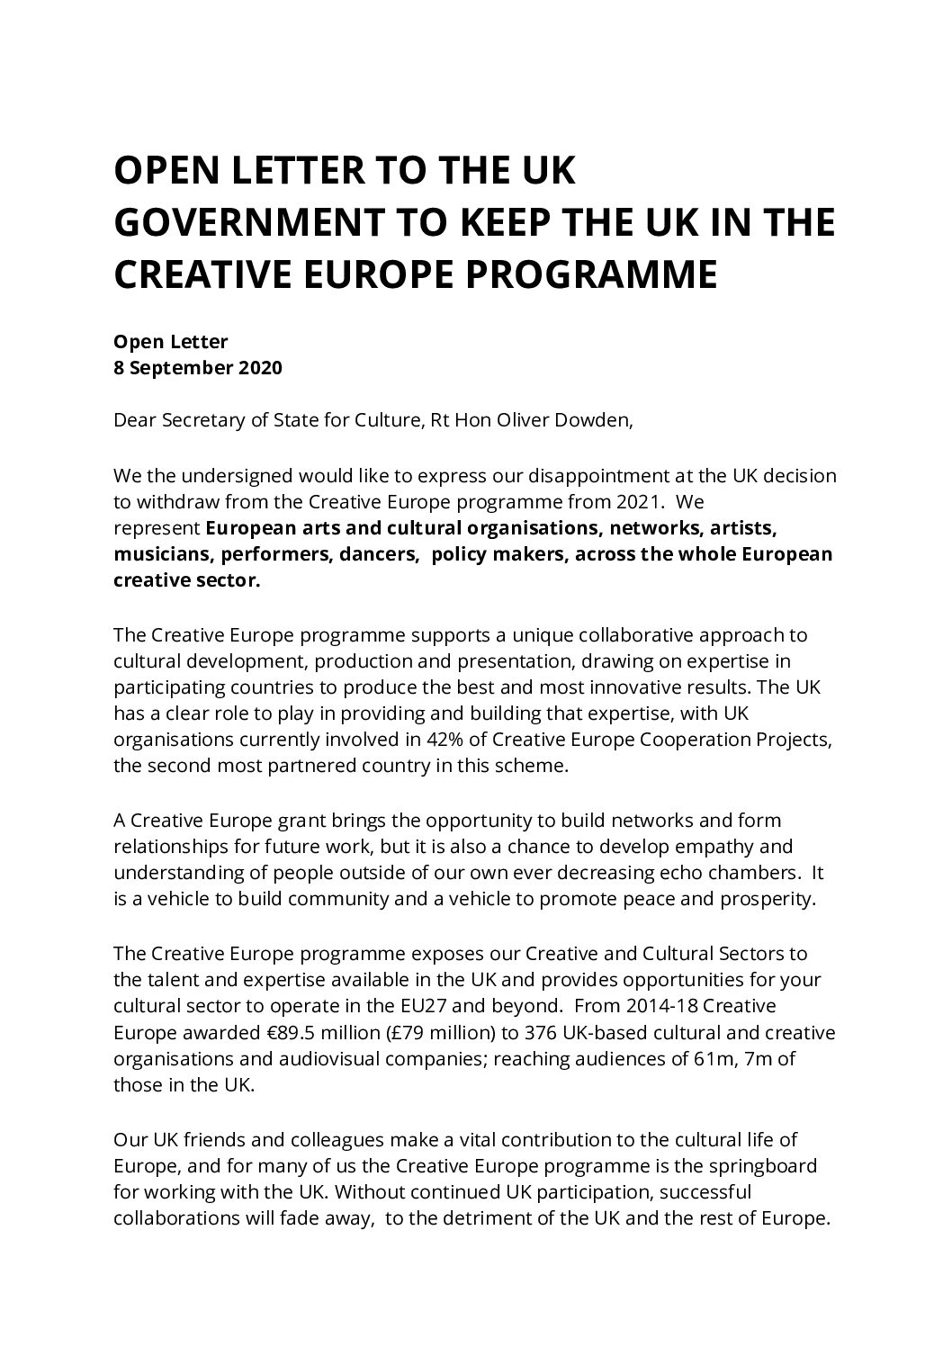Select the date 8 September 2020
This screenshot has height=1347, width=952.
point(198,368)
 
